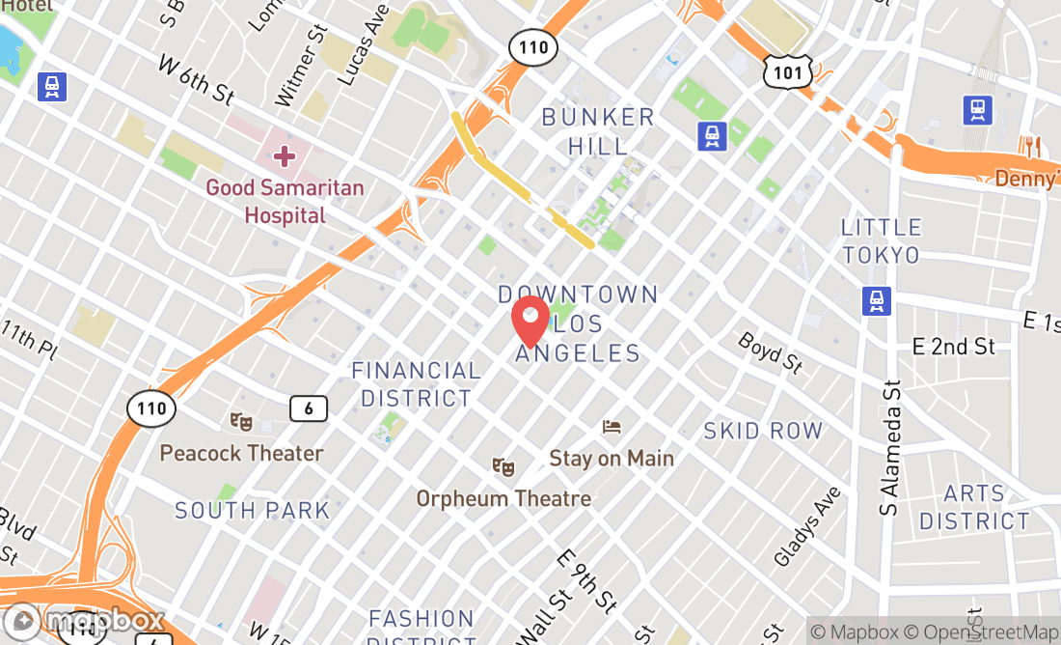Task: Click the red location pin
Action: click(530, 321)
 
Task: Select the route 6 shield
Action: click(309, 408)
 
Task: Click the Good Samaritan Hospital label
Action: click(272, 201)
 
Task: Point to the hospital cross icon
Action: click(284, 155)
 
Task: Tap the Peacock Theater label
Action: click(241, 453)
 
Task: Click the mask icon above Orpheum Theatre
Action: click(503, 467)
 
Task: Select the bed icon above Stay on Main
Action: click(612, 426)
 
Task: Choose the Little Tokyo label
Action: click(881, 241)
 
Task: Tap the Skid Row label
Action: click(763, 431)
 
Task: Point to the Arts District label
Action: click(974, 508)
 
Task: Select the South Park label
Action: click(252, 510)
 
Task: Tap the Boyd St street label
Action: click(771, 352)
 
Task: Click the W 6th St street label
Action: click(196, 80)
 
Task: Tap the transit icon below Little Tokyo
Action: click(876, 300)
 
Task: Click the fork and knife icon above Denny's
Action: click(1031, 147)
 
